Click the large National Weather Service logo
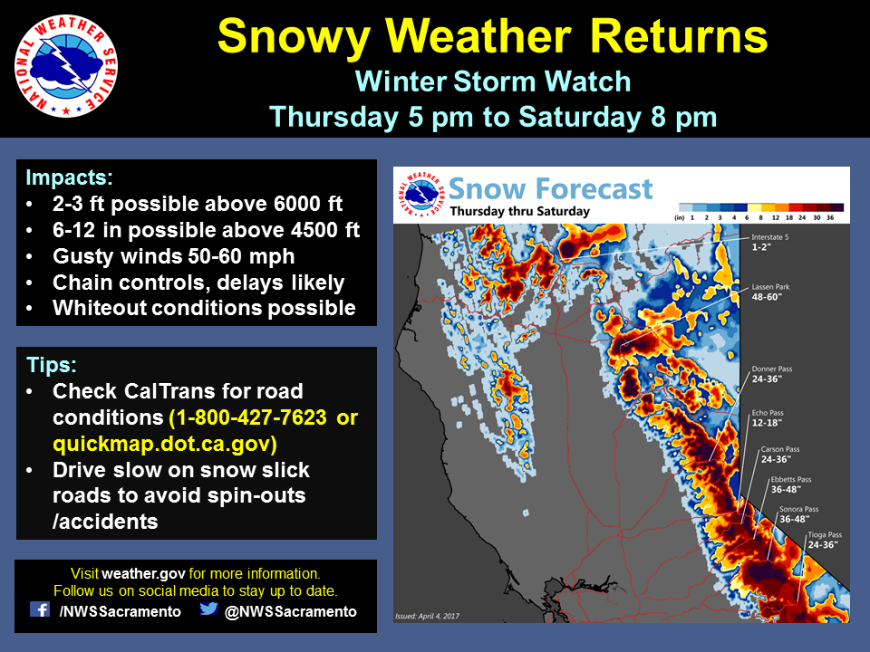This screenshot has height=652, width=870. tap(66, 66)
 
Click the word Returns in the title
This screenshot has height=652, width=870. tap(679, 36)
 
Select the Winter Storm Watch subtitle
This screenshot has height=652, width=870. tap(493, 81)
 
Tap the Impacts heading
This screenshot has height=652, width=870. tap(70, 177)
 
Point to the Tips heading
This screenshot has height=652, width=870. tap(52, 365)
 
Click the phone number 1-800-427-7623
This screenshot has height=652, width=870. tap(248, 417)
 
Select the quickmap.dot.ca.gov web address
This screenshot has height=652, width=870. tap(165, 444)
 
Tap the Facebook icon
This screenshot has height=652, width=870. tap(40, 609)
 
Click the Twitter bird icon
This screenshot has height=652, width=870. tap(208, 609)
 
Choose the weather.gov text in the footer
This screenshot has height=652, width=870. tap(144, 573)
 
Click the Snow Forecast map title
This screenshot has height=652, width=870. tap(550, 188)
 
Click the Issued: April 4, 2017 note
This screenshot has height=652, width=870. tap(427, 616)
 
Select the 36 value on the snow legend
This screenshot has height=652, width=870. tap(830, 218)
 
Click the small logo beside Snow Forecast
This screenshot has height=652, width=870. tap(421, 195)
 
